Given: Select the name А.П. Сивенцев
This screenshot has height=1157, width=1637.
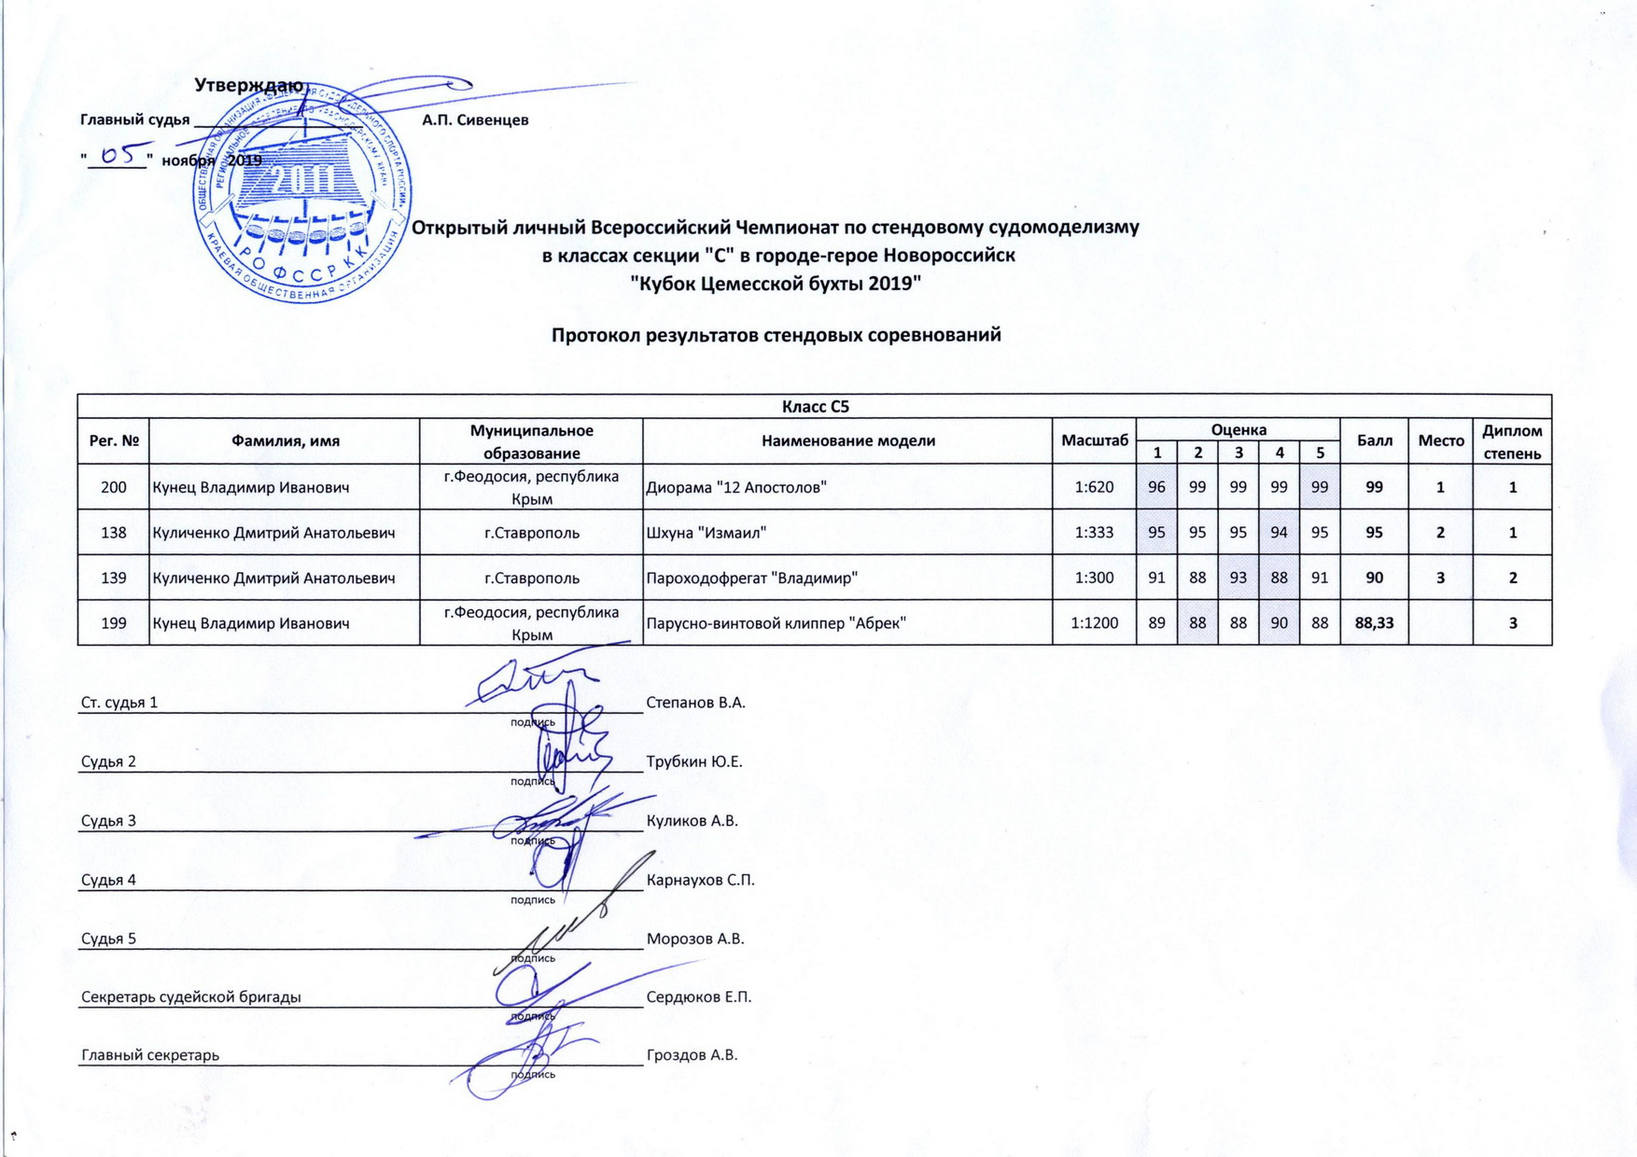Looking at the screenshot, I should click(475, 119).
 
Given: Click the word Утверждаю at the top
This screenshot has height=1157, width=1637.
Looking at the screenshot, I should click(248, 86).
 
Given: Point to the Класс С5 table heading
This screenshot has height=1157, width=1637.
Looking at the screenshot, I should click(815, 406).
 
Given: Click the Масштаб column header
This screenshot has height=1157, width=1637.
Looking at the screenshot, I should click(1094, 440).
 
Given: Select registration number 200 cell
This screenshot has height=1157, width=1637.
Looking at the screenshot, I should click(113, 487).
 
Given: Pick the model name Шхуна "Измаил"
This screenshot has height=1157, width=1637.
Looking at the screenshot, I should click(707, 533).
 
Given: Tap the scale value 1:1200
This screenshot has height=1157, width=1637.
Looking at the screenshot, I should click(1094, 622).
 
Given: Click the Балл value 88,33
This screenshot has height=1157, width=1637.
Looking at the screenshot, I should click(1374, 622).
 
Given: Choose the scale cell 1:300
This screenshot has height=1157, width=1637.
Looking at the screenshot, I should click(1094, 578).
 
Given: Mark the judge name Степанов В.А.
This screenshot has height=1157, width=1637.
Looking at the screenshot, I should click(695, 703).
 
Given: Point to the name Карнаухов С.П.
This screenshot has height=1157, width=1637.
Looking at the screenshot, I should click(700, 880).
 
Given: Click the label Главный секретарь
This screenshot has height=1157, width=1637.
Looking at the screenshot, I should click(150, 1055).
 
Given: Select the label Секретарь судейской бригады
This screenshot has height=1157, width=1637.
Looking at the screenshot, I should click(191, 997).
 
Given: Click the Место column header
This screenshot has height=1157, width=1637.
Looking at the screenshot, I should click(1440, 440).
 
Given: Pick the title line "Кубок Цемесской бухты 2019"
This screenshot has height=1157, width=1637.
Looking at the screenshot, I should click(776, 284).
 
